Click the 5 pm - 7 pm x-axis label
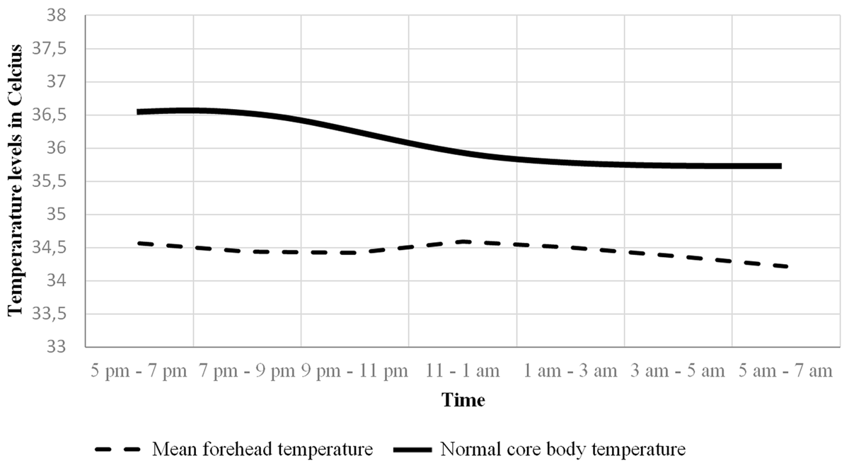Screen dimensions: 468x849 (138, 371)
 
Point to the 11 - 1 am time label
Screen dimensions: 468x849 (463, 371)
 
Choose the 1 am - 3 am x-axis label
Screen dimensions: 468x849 (571, 371)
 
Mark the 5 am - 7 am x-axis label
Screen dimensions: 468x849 (786, 371)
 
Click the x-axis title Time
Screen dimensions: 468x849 (463, 400)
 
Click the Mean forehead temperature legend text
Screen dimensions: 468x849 (262, 449)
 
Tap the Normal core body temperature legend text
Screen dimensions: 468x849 (562, 449)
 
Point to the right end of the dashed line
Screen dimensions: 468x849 (786, 266)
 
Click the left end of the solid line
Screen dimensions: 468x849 (138, 112)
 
